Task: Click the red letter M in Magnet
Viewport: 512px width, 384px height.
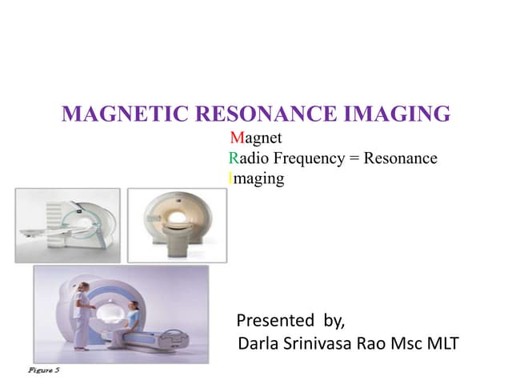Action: tap(235, 138)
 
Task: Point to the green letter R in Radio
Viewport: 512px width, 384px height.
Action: tap(233, 158)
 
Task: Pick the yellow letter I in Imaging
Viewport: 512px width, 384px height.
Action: tap(231, 178)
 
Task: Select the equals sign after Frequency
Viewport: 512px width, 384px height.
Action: tap(353, 158)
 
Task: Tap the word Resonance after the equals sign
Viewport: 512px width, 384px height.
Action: tap(400, 158)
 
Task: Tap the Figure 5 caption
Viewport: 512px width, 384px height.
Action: tap(44, 371)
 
